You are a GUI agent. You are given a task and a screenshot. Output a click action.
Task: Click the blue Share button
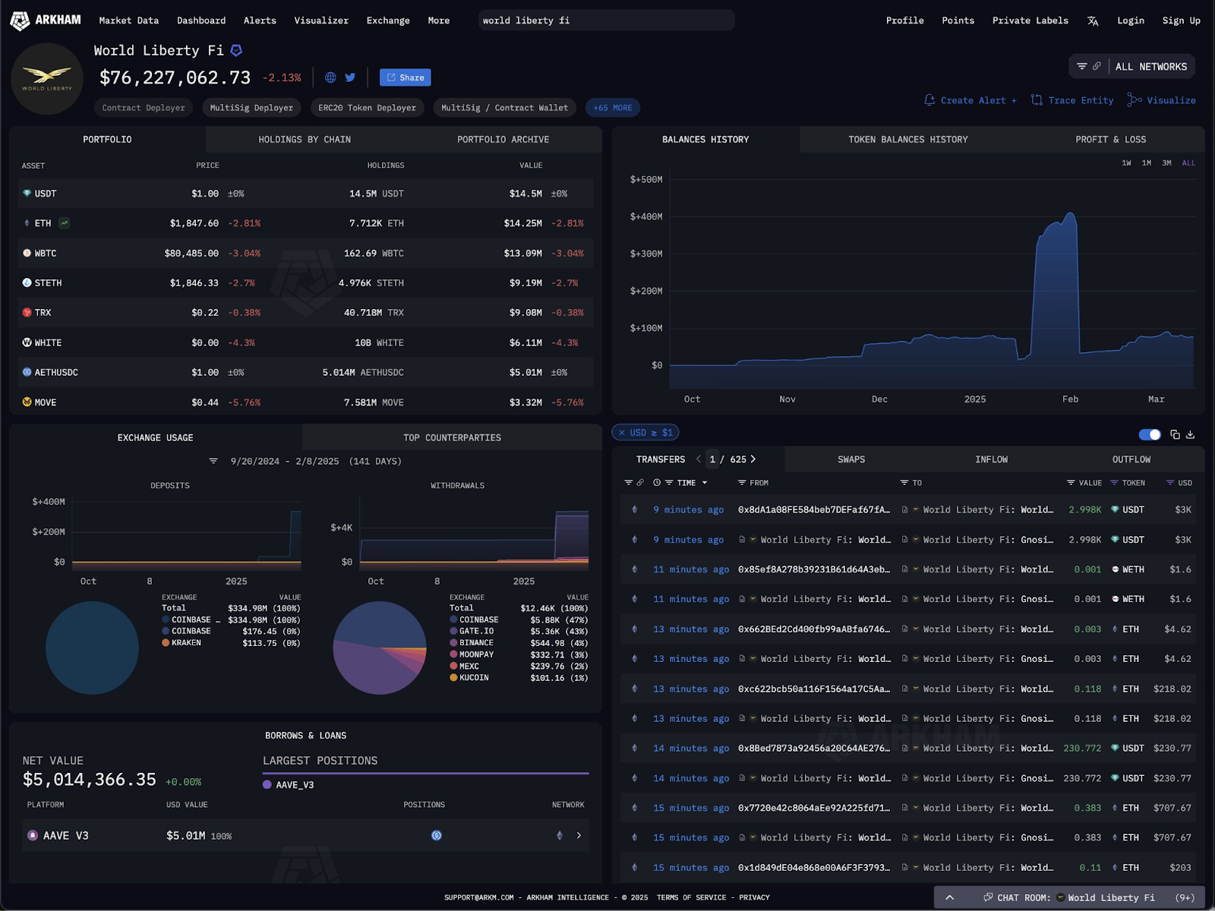click(x=406, y=77)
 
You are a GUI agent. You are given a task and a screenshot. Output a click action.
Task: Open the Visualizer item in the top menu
click(x=321, y=20)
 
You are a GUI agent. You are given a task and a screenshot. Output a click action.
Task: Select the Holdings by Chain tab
click(x=305, y=140)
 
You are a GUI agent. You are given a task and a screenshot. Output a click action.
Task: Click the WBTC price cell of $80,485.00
click(x=191, y=254)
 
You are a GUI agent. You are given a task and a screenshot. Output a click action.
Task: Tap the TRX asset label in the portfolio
click(x=43, y=313)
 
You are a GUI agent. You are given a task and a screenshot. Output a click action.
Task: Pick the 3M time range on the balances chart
click(x=1166, y=163)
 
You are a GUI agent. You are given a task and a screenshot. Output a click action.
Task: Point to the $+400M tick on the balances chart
click(x=646, y=217)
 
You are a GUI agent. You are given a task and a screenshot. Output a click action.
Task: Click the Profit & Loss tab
click(x=1110, y=140)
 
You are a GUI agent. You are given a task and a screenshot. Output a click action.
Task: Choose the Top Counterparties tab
click(x=452, y=438)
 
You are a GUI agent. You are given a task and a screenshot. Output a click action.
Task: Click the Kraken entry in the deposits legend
click(x=186, y=643)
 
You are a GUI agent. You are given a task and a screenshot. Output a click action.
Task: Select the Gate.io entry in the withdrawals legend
click(x=476, y=632)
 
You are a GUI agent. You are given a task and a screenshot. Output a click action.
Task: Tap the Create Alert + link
click(x=970, y=100)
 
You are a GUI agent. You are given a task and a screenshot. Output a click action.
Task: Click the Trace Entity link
click(x=1072, y=100)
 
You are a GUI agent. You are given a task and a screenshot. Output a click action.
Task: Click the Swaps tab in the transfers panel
click(x=851, y=459)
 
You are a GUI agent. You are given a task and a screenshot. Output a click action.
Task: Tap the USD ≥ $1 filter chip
click(x=646, y=433)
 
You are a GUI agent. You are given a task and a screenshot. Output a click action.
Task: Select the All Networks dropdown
click(x=1132, y=67)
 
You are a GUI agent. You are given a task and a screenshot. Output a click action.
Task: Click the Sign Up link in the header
click(x=1181, y=20)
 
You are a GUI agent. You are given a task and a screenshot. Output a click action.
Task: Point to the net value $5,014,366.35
click(x=90, y=780)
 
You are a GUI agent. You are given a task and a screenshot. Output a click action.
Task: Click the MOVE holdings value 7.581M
click(x=374, y=402)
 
